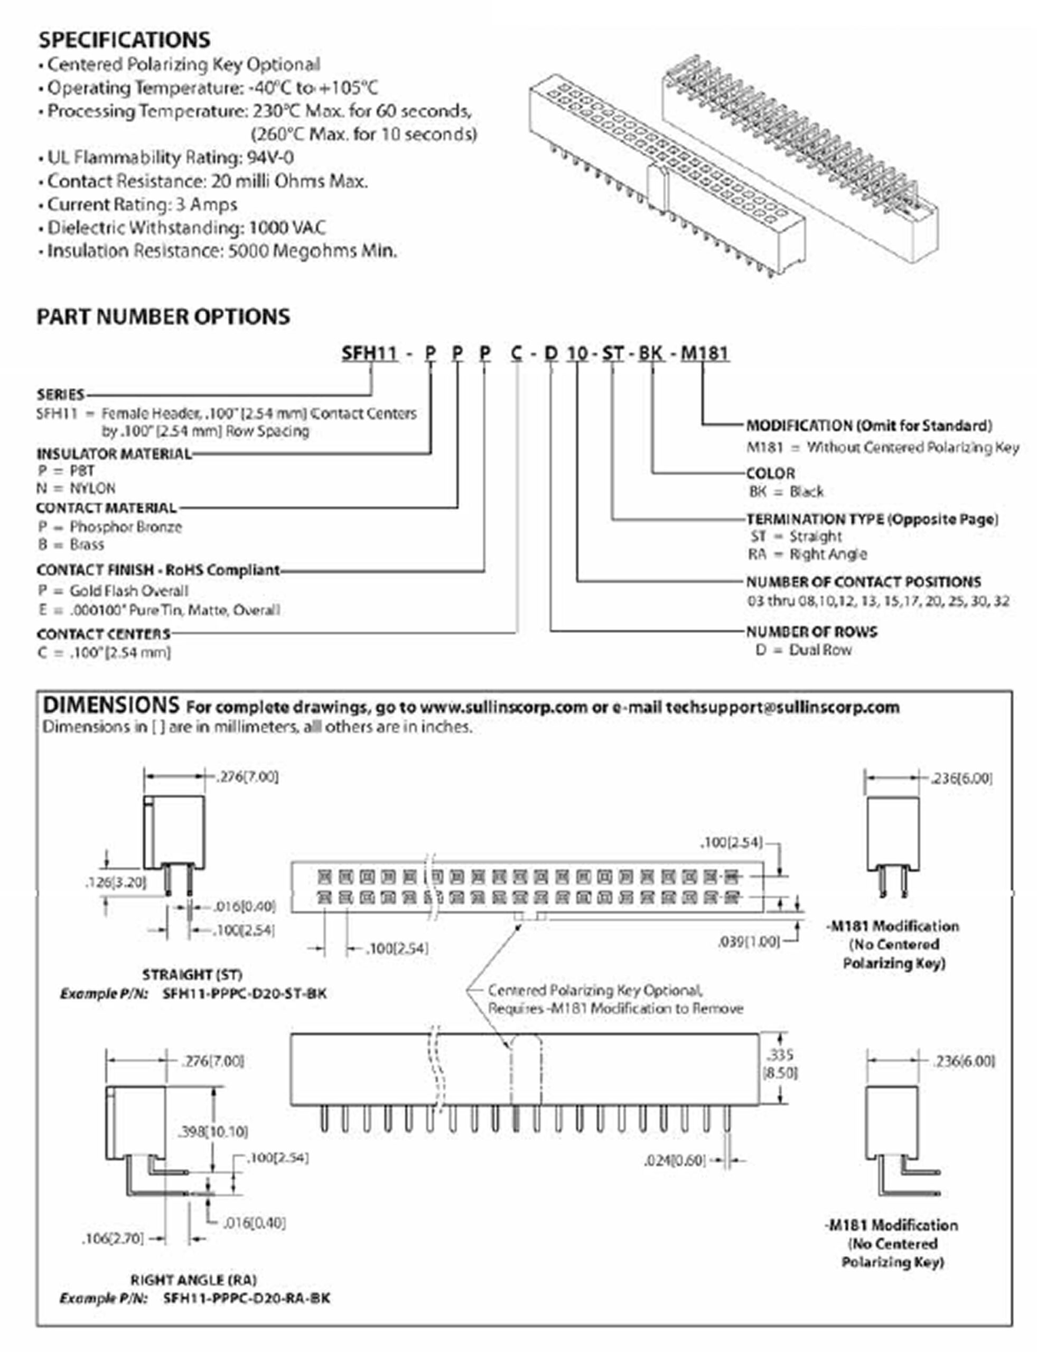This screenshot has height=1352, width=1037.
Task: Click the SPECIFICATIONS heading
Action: pyautogui.click(x=124, y=40)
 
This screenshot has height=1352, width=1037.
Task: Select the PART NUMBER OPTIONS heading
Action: pyautogui.click(x=163, y=316)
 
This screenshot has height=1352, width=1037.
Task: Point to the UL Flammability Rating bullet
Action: pyautogui.click(x=170, y=158)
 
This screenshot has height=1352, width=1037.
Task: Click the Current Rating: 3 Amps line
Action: pyautogui.click(x=142, y=204)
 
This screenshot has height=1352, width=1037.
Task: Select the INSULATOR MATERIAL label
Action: pyautogui.click(x=114, y=454)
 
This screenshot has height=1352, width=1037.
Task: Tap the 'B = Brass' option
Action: pyautogui.click(x=70, y=544)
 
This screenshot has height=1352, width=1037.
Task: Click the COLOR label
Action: pyautogui.click(x=770, y=473)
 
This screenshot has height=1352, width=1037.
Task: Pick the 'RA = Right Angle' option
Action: pyautogui.click(x=807, y=554)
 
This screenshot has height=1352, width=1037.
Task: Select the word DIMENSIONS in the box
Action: pyautogui.click(x=111, y=705)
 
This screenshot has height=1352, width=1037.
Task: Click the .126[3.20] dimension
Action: pyautogui.click(x=116, y=882)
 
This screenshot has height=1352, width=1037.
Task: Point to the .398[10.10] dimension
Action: pyautogui.click(x=213, y=1131)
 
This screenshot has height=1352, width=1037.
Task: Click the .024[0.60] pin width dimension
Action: pyautogui.click(x=674, y=1161)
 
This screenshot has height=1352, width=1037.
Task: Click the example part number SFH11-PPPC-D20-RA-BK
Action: pyautogui.click(x=246, y=1298)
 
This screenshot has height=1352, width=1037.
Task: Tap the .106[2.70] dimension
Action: pyautogui.click(x=113, y=1238)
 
